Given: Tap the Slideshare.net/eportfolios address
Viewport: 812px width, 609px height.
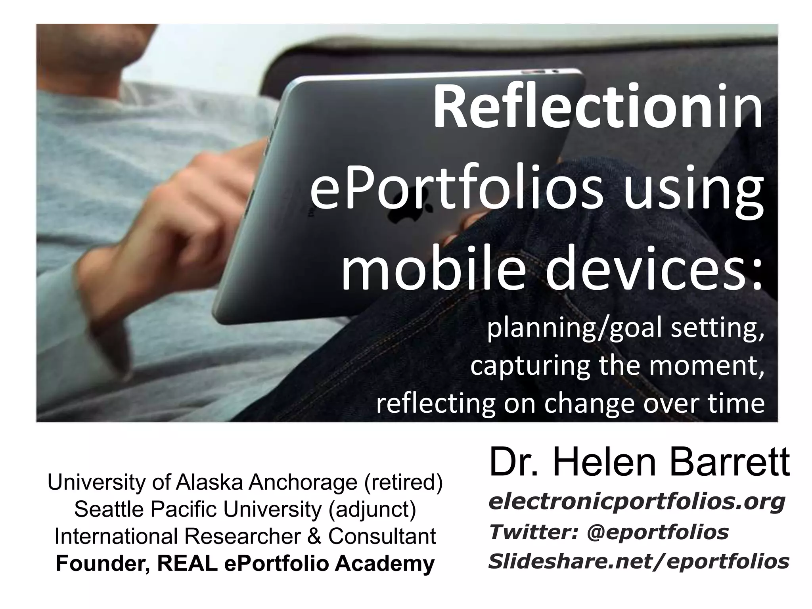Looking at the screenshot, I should click(638, 561).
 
